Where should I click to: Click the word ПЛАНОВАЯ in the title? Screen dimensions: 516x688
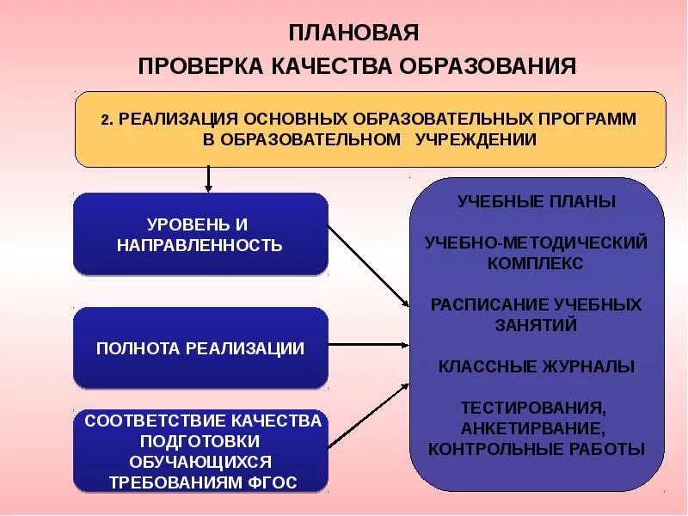tap(353, 34)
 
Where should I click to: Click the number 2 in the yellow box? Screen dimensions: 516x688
tap(103, 119)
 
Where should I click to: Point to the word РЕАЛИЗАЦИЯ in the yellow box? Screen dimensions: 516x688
tap(176, 118)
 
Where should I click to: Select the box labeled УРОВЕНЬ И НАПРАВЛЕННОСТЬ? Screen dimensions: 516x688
tap(201, 234)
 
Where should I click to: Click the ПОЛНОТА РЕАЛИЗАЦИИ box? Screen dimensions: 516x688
tap(201, 348)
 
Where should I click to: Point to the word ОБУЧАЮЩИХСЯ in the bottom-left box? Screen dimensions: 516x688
tap(201, 461)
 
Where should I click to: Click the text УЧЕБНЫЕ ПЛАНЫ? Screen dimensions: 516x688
tap(537, 202)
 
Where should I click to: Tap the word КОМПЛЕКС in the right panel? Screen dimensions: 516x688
tap(536, 263)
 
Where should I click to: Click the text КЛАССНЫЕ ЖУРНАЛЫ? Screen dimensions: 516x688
tap(537, 366)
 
